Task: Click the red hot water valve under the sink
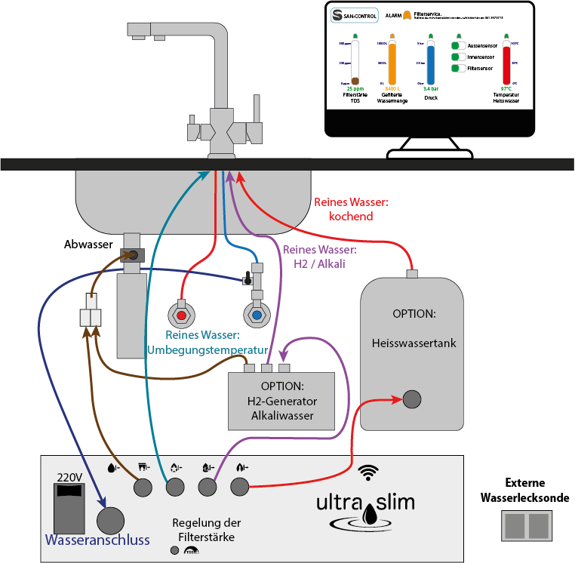[x=183, y=315]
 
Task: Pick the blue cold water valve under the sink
[x=257, y=315]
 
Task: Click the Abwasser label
[x=89, y=245]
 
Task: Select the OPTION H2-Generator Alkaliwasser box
[x=282, y=401]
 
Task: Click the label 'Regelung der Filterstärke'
[x=207, y=530]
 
